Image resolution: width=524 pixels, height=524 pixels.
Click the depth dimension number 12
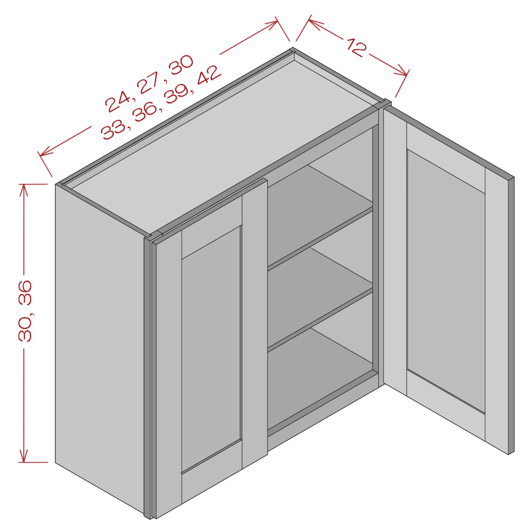tap(356, 48)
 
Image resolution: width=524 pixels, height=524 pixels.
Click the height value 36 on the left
tap(25, 293)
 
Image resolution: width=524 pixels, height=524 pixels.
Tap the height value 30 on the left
tap(25, 328)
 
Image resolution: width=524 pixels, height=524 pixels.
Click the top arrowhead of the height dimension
tap(24, 189)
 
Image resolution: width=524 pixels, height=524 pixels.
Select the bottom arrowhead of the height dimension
tap(24, 456)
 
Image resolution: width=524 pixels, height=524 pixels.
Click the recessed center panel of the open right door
tap(446, 281)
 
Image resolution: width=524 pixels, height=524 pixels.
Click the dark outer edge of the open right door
tap(511, 316)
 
